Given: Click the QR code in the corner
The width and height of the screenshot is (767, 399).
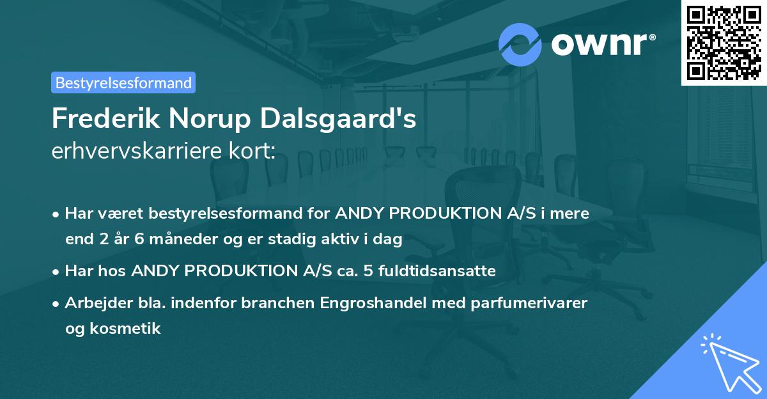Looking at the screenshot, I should (x=724, y=42).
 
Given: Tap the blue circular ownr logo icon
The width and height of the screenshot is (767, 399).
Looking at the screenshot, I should (x=520, y=44).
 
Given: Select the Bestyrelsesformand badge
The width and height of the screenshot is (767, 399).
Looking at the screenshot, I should (x=123, y=82).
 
